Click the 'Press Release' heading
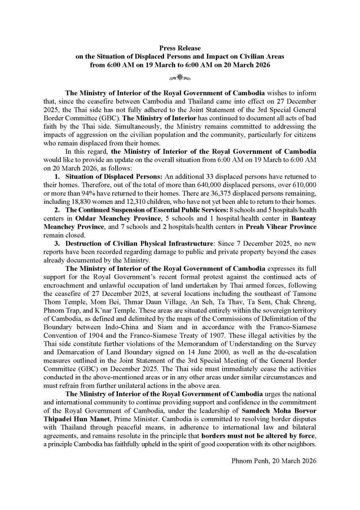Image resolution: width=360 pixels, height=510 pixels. tap(180, 48)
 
